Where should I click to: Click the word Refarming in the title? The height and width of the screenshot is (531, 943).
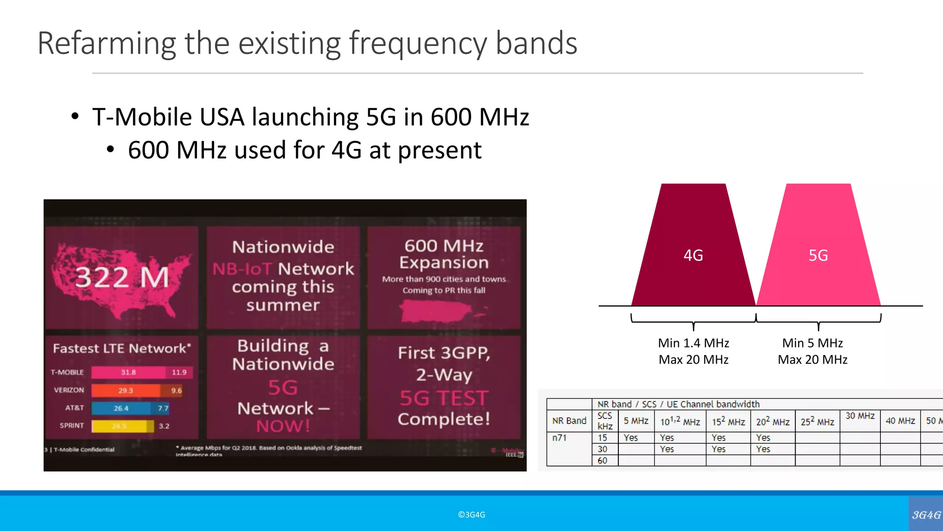coord(106,44)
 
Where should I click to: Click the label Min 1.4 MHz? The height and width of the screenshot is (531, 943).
coord(693,343)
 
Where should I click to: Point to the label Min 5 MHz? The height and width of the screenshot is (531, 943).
coord(812,343)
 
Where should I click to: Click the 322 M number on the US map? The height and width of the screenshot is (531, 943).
coord(122,277)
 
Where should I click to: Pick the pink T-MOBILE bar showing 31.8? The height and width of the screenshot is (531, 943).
coord(128,372)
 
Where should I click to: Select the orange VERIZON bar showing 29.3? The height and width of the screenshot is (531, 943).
coord(125,390)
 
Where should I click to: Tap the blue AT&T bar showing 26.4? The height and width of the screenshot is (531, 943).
coord(121,408)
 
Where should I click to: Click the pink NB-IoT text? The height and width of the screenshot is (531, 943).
coord(242,269)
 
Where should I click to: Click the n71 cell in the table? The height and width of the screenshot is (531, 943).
coord(559,438)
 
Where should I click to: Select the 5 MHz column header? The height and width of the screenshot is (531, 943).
coord(636,421)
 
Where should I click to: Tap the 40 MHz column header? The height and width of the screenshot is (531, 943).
coord(900,421)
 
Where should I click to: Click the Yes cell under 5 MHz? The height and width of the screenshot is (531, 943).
coord(631,438)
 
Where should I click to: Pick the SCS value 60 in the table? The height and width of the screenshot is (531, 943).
coord(602,460)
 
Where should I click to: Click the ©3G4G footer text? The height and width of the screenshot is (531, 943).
coord(471,514)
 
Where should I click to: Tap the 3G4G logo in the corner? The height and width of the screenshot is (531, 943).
coord(926,514)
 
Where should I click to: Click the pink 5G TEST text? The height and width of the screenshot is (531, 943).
coord(443,398)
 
